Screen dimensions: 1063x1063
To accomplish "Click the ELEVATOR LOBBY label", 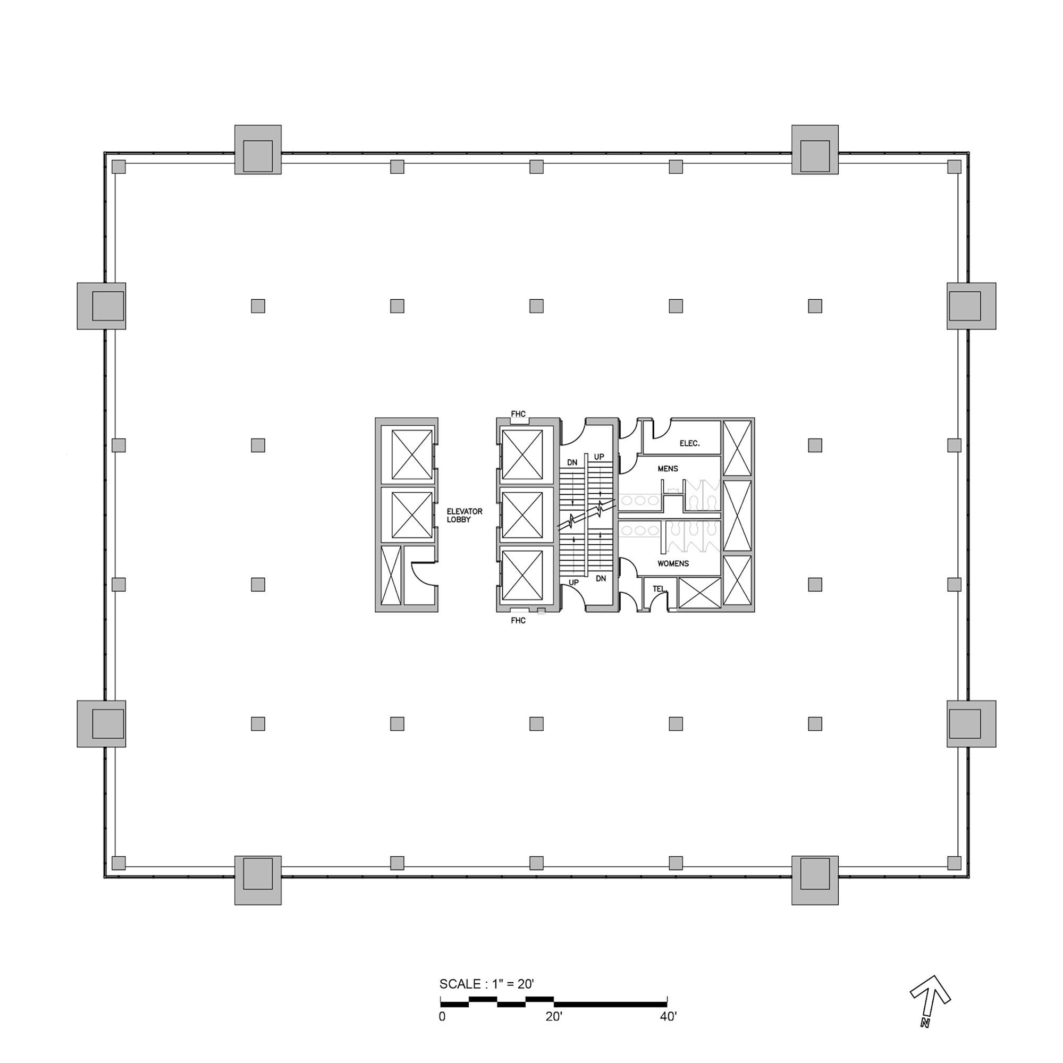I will tap(464, 516).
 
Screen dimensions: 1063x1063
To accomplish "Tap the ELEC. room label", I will tap(689, 443).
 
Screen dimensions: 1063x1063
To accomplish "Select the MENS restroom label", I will tap(668, 469).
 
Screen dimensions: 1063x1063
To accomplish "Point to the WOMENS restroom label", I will tap(672, 563).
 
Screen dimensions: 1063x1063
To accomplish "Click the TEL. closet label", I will tap(659, 589).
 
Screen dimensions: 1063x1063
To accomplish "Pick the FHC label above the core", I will tap(518, 414).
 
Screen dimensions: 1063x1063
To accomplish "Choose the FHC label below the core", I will tap(518, 621).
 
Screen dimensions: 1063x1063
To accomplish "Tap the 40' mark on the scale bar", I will tap(668, 1017).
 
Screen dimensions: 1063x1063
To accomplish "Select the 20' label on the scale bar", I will tap(553, 1017).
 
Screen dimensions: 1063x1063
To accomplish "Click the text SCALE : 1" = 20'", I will tap(486, 984).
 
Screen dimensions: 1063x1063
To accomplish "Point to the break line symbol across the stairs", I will tap(586, 516).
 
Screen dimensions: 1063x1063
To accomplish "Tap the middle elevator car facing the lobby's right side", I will tap(522, 516).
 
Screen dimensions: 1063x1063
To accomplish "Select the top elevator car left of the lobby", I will tap(411, 455).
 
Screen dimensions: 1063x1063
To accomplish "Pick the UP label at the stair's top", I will tap(598, 457).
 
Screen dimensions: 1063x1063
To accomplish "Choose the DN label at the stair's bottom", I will tap(600, 578).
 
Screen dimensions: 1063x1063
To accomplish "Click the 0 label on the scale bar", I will tap(442, 1017).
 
